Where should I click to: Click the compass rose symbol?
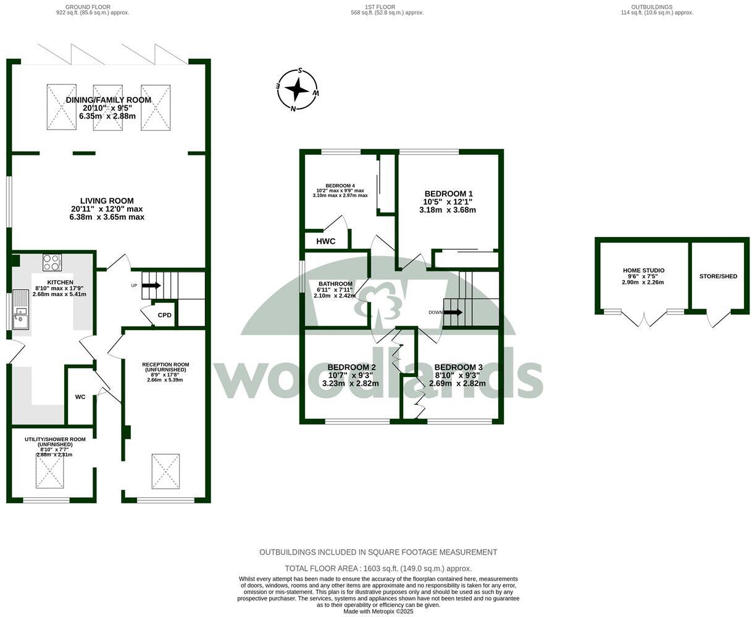point(297,90)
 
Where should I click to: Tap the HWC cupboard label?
point(325,241)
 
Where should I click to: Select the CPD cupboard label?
point(164,315)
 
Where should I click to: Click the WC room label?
point(80,397)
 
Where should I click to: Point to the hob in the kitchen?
point(52,263)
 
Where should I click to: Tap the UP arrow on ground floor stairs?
point(151,286)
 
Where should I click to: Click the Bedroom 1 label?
point(448,193)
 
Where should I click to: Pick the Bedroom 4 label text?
point(340,185)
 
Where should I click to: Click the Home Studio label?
point(643,270)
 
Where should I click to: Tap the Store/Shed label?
point(718,276)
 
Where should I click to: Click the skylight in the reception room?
point(165,471)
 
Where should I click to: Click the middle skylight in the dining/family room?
point(108,107)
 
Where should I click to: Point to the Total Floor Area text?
point(378,568)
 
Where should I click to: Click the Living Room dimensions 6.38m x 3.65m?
point(107,217)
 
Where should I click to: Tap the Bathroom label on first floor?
point(335,284)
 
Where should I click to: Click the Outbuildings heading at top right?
point(656,7)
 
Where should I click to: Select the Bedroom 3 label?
point(458,367)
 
